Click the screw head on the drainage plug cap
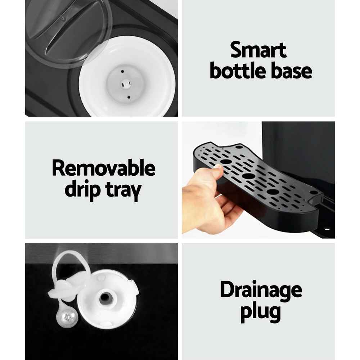68,317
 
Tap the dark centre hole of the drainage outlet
105,298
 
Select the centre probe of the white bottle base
125,84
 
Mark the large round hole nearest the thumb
226,161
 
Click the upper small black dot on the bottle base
122,71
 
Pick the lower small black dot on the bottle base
129,97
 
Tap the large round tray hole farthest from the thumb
273,192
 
